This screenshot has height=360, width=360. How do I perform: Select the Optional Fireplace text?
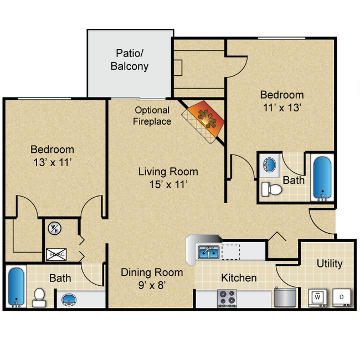[152, 116]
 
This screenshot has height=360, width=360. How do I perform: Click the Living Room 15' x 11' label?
[168, 178]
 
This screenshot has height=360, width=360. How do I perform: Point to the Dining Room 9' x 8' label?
[152, 279]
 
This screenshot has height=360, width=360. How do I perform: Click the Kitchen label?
[239, 277]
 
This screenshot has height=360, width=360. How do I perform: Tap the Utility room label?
[329, 264]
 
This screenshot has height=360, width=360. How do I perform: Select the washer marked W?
[318, 297]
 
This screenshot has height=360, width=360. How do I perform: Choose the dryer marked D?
[341, 297]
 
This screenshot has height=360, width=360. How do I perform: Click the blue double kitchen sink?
[209, 253]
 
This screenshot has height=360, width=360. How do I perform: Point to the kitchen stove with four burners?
[227, 298]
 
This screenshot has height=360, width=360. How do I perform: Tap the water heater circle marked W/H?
[54, 228]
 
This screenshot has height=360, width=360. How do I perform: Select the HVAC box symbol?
[55, 254]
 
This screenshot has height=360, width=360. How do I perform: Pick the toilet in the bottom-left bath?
[39, 297]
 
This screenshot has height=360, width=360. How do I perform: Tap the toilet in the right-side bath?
[271, 189]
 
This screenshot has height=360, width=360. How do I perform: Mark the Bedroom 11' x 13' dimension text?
[282, 107]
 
